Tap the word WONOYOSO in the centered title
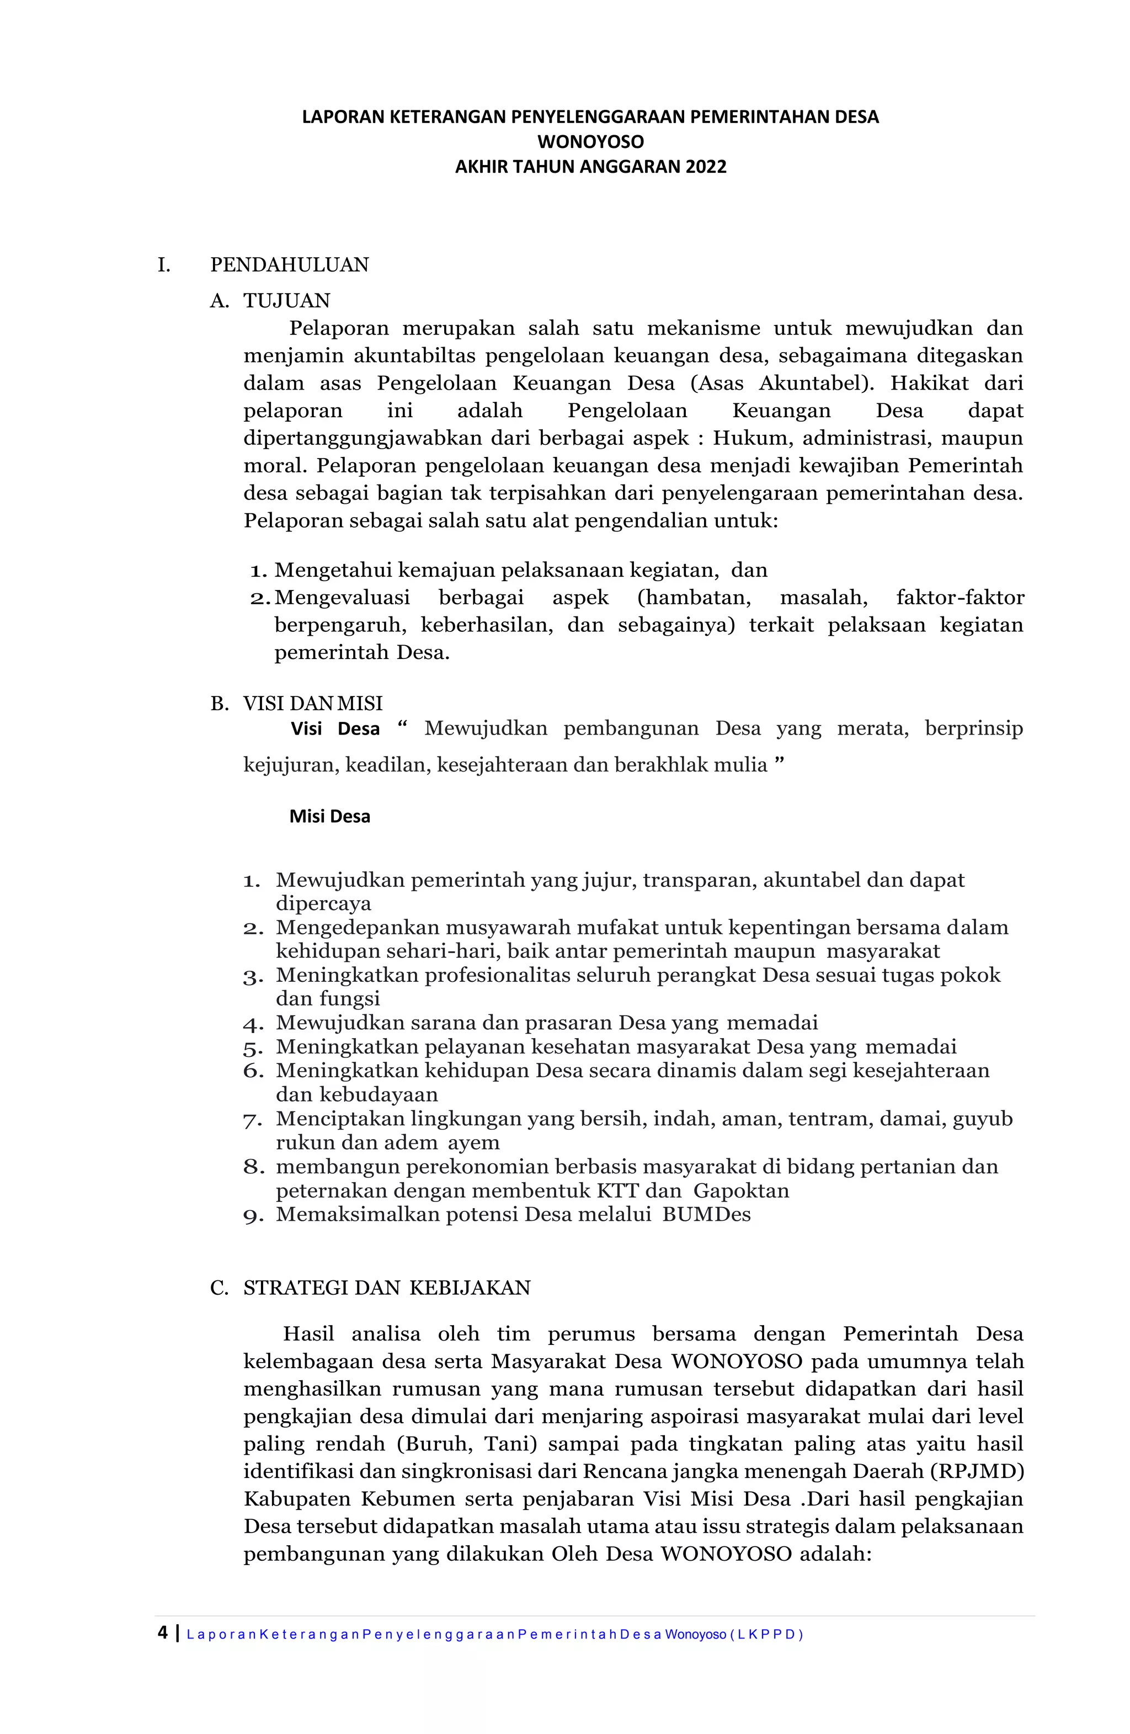(590, 142)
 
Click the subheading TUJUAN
(286, 301)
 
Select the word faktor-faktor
(960, 598)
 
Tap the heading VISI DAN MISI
(312, 703)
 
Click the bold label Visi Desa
(335, 728)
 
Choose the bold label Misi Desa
(329, 816)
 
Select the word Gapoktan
(741, 1191)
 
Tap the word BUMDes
(706, 1215)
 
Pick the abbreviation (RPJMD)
(976, 1472)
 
